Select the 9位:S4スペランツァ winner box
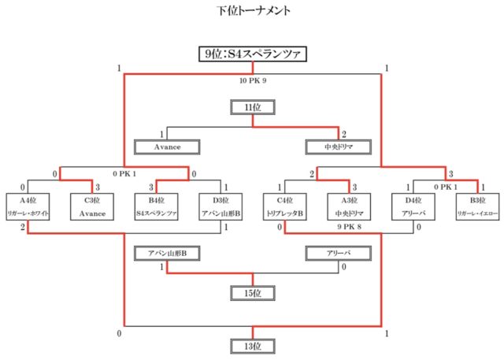pos(252,54)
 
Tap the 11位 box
pos(252,107)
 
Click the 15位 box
pos(252,293)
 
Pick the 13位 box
pos(252,346)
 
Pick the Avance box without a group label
pos(168,146)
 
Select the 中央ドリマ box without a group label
pos(337,146)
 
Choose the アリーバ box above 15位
pos(338,254)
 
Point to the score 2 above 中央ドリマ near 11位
pos(344,134)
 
